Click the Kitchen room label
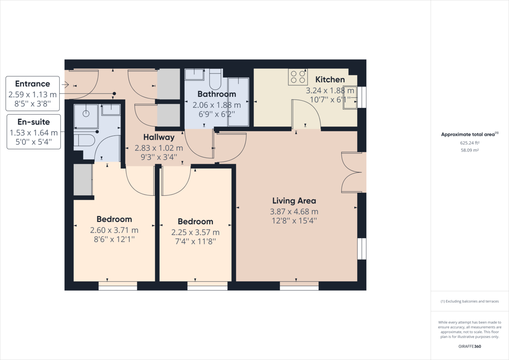point(330,79)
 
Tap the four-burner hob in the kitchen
point(297,76)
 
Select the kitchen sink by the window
point(350,97)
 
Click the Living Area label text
point(294,201)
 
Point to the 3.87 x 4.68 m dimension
point(294,211)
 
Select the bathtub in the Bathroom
point(238,102)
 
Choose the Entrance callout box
point(33,93)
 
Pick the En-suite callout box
point(34,132)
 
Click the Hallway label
point(159,137)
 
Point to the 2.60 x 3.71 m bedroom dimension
point(114,230)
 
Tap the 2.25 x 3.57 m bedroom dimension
point(195,232)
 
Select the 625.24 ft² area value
point(470,143)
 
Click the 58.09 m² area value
point(470,150)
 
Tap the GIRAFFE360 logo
point(470,346)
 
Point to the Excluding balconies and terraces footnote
point(470,301)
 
